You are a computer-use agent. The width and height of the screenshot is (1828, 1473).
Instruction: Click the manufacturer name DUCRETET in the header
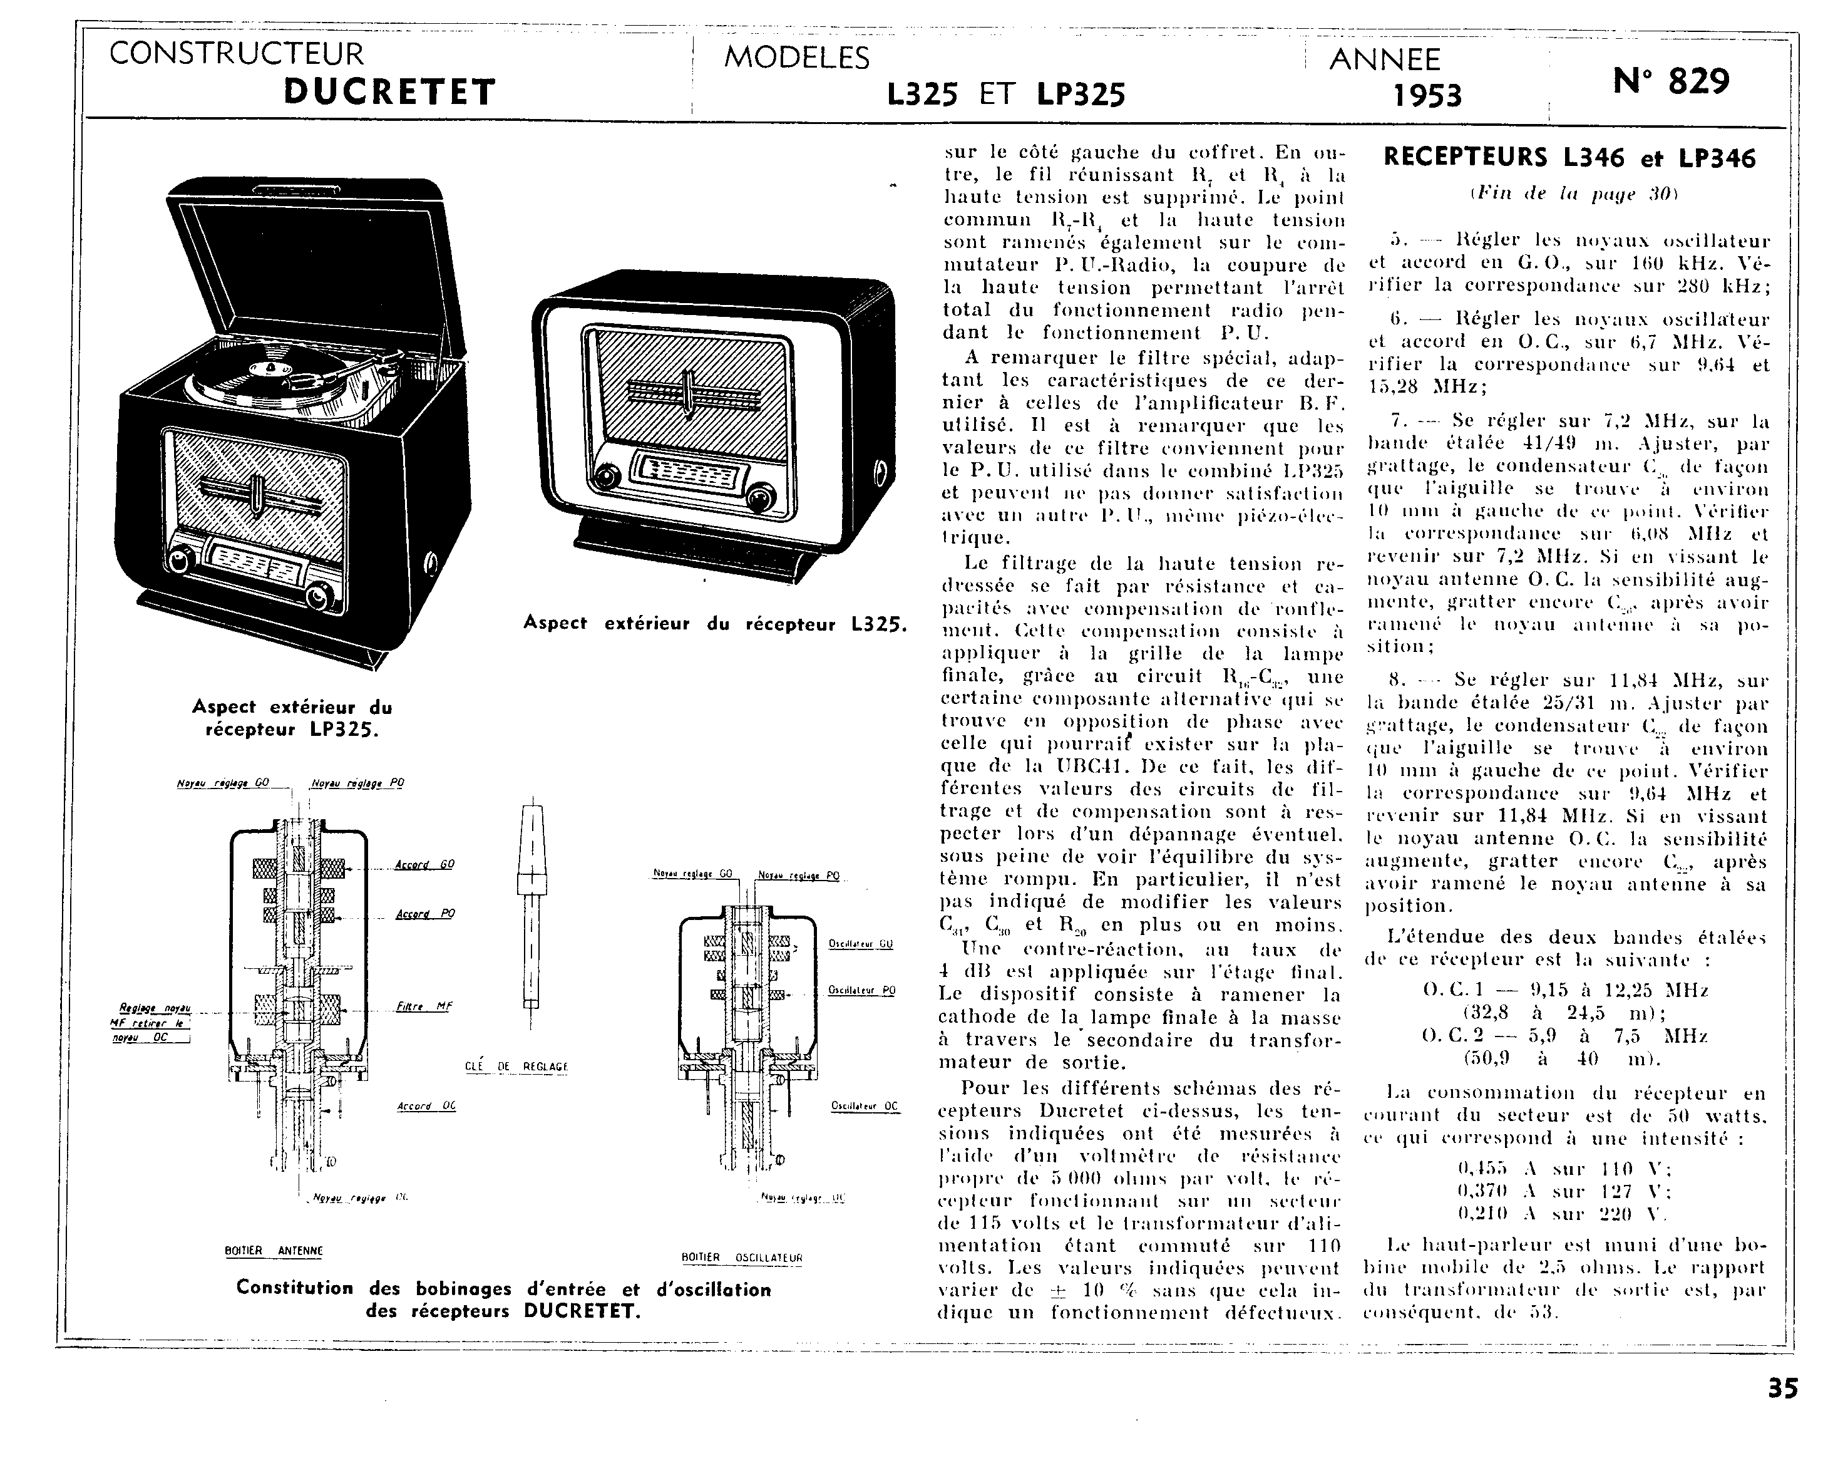coord(389,91)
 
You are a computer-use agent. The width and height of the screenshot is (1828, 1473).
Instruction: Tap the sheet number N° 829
coord(1670,81)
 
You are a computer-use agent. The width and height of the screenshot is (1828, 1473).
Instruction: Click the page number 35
coord(1783,1412)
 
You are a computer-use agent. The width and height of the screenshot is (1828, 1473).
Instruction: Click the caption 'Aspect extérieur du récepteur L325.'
coord(715,624)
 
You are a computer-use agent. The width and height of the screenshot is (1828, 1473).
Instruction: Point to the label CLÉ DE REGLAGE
coord(516,1067)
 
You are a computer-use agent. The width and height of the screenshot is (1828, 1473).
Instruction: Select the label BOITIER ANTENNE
coord(273,1251)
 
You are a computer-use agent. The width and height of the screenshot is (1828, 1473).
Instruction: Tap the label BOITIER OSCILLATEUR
coord(741,1258)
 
